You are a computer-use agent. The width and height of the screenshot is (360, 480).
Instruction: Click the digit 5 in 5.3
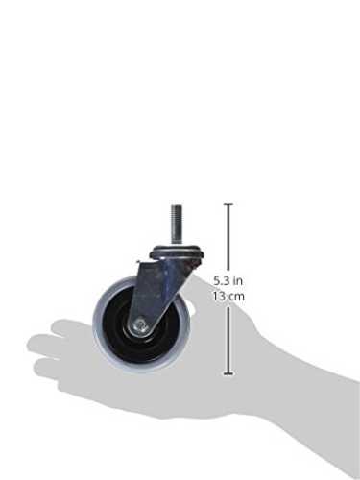[217, 281]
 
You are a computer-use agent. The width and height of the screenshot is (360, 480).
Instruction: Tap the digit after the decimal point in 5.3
[227, 281]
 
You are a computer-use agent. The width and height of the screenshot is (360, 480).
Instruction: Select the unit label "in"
[238, 281]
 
